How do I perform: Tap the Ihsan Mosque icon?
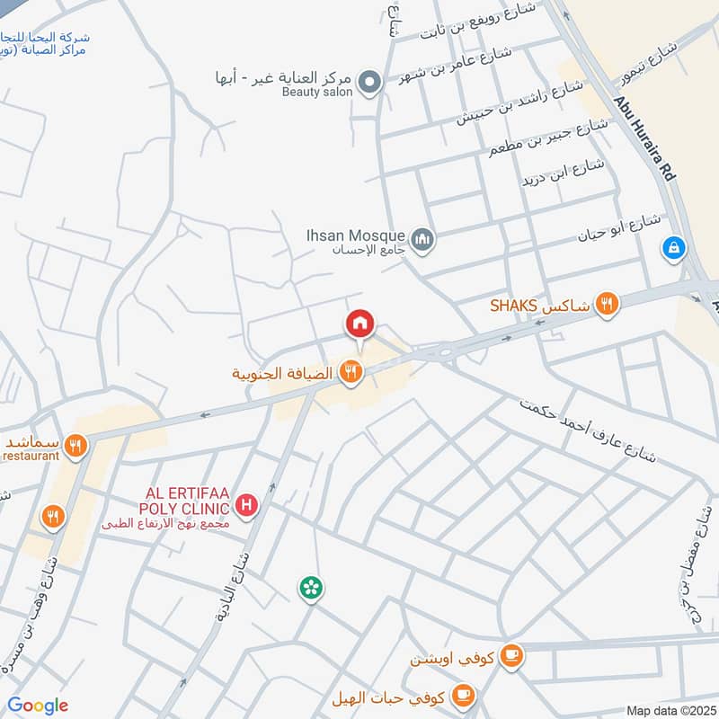click(422, 239)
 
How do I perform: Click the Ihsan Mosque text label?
click(355, 234)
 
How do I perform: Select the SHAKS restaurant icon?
click(608, 305)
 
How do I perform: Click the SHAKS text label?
click(513, 306)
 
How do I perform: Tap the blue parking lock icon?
click(673, 248)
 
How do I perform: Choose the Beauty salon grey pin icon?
click(368, 84)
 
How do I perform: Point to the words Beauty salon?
click(314, 92)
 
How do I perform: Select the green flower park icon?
click(311, 589)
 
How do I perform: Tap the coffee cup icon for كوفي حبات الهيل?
click(463, 693)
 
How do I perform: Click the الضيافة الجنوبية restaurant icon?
click(351, 371)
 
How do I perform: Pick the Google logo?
click(38, 706)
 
